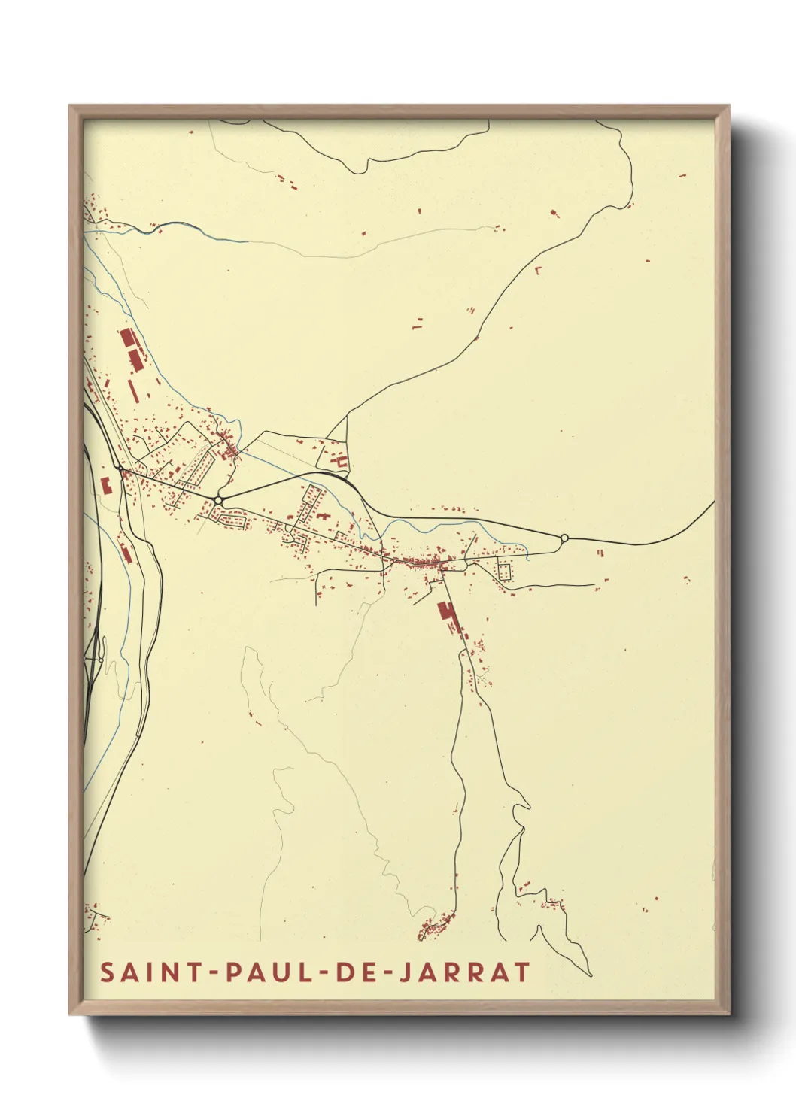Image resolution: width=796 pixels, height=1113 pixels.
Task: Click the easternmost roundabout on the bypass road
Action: pos(564,538)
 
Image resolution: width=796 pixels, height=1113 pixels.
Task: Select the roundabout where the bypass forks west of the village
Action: pos(218,499)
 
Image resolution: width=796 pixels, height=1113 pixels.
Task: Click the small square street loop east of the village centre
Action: pos(505,572)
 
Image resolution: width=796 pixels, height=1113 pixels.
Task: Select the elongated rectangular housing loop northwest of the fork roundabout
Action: pos(197,467)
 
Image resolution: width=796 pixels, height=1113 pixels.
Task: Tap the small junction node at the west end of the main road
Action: pos(120,469)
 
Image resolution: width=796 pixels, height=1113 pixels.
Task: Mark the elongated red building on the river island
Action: pos(126,550)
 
